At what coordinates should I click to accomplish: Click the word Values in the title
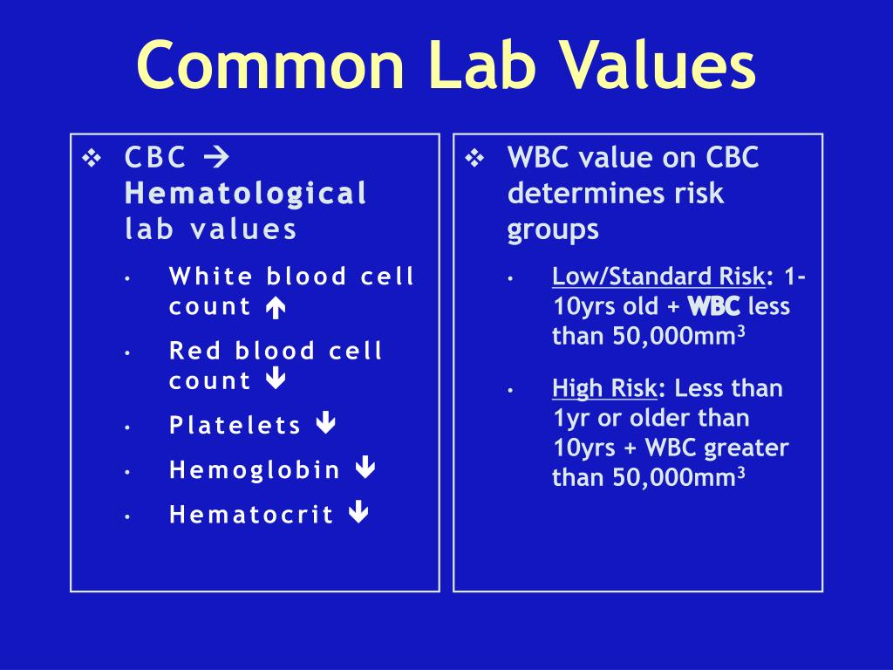[x=665, y=65]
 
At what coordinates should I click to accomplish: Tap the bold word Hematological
[x=245, y=194]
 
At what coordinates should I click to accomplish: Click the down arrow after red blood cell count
[x=276, y=381]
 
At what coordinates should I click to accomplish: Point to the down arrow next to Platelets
[x=325, y=425]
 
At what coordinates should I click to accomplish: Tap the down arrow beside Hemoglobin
[x=365, y=469]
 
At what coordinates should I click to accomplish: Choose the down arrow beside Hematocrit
[x=358, y=514]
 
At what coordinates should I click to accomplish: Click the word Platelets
[x=235, y=426]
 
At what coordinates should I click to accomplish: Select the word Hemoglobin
[x=255, y=470]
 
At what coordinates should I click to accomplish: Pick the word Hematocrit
[x=251, y=515]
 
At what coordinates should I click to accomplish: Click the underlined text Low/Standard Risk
[x=658, y=277]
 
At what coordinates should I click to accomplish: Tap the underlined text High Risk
[x=603, y=388]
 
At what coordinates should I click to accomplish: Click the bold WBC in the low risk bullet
[x=714, y=307]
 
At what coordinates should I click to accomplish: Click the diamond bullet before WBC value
[x=475, y=159]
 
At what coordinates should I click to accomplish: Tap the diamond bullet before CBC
[x=92, y=159]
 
